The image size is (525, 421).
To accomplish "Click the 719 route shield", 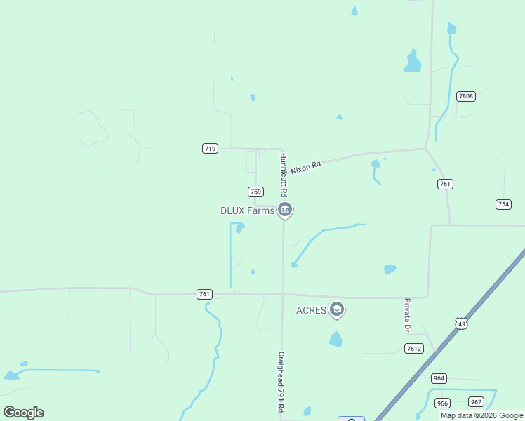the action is [210, 148].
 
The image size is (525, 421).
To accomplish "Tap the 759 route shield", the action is [255, 192].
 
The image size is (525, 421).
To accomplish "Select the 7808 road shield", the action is [465, 96].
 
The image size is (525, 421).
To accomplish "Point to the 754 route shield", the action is [503, 204].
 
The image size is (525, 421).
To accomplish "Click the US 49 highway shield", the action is [460, 323].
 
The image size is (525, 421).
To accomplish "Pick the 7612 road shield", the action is [414, 349].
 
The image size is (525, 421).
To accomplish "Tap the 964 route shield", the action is [439, 378].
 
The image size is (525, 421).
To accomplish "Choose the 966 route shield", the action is [442, 403].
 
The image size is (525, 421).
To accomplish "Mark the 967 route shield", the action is [477, 401].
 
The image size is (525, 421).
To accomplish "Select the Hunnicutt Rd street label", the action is [284, 175].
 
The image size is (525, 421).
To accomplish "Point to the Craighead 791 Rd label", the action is [281, 382].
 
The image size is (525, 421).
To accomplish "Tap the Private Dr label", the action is [406, 314].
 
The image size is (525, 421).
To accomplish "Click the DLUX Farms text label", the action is [246, 210].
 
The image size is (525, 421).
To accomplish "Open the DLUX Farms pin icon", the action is [284, 209].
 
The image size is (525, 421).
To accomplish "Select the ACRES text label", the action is [311, 310].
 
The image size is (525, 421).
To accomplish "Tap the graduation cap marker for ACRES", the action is [337, 309].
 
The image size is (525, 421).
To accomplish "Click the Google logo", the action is [24, 412].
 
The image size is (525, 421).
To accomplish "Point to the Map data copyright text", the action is [481, 415].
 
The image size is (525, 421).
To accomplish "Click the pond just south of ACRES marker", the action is [335, 340].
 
